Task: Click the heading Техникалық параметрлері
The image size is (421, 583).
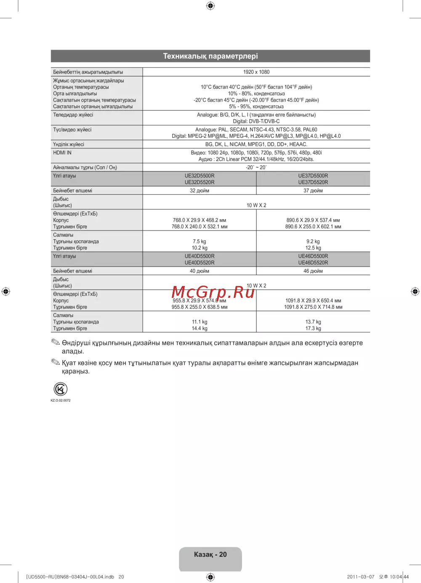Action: click(210, 56)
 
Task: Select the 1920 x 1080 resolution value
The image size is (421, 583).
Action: click(256, 72)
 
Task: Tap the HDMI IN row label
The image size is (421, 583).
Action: click(62, 153)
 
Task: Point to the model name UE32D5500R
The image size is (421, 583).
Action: click(200, 176)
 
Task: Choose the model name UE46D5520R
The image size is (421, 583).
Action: click(313, 262)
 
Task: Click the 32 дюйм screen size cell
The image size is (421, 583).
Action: click(200, 190)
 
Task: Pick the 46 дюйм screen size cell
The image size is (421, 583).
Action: click(313, 271)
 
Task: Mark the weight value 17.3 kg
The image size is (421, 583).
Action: click(313, 328)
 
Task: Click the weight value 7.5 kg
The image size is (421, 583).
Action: click(200, 241)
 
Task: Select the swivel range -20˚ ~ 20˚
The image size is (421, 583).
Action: click(256, 167)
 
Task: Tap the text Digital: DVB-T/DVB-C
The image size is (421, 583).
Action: click(256, 121)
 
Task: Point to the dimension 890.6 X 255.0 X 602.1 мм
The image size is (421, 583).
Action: click(313, 227)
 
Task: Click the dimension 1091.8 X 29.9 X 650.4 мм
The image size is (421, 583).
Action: click(313, 300)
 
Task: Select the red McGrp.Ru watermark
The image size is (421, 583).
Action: click(213, 291)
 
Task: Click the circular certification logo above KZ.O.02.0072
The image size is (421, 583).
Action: click(61, 389)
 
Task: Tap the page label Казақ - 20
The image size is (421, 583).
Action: click(210, 554)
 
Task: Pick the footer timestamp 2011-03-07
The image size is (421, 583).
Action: click(360, 577)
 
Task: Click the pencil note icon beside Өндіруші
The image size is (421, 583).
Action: click(56, 342)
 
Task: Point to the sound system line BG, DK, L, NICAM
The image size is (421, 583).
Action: click(256, 144)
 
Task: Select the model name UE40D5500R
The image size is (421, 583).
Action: click(200, 256)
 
